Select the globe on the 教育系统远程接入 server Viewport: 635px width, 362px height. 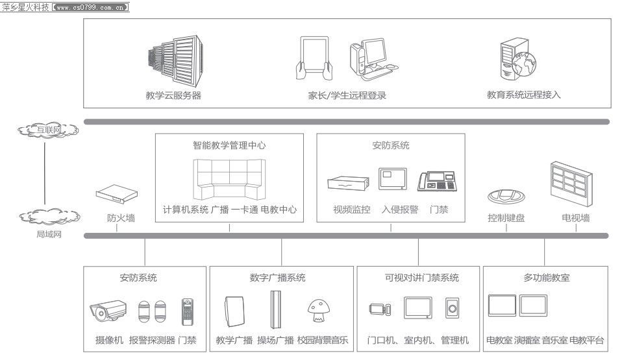click(523, 64)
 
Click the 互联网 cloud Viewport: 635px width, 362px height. click(48, 130)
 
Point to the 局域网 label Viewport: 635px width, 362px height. click(49, 234)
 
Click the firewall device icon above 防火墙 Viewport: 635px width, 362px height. click(117, 194)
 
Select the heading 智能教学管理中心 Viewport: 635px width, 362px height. click(229, 145)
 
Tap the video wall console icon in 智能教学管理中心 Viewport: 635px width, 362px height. click(229, 179)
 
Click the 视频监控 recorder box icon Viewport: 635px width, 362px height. click(348, 183)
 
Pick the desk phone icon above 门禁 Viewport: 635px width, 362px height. click(438, 181)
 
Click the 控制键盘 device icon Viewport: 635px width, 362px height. click(506, 196)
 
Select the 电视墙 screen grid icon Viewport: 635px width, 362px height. click(571, 184)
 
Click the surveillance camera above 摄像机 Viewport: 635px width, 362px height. click(108, 311)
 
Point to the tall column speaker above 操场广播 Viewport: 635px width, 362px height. click(276, 310)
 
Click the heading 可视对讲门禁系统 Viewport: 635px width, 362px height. click(421, 278)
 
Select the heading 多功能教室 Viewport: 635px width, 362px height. click(546, 278)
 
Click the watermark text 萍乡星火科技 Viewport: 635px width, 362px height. click(25, 7)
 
